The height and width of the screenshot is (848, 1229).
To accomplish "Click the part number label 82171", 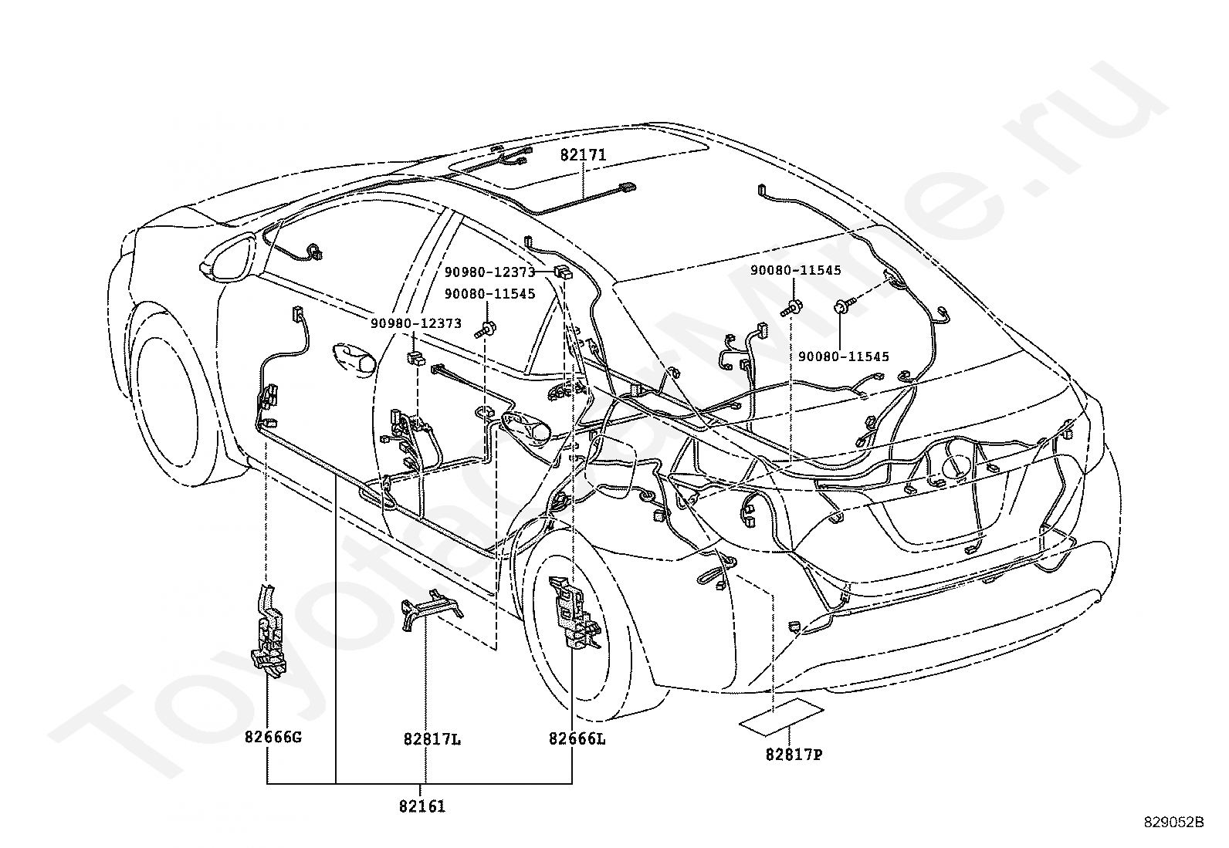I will click(583, 154).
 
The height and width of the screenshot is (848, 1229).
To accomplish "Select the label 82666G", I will click(273, 737).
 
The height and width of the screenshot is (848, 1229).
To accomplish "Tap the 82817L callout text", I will click(432, 739).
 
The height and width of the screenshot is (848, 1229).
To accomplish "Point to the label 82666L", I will click(577, 738).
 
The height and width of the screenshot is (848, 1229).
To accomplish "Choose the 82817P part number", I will click(794, 755).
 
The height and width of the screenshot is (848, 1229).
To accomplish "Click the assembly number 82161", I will click(422, 807).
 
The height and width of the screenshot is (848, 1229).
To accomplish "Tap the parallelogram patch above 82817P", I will click(782, 715).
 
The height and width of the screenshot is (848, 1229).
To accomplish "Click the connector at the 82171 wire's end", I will click(628, 186).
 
